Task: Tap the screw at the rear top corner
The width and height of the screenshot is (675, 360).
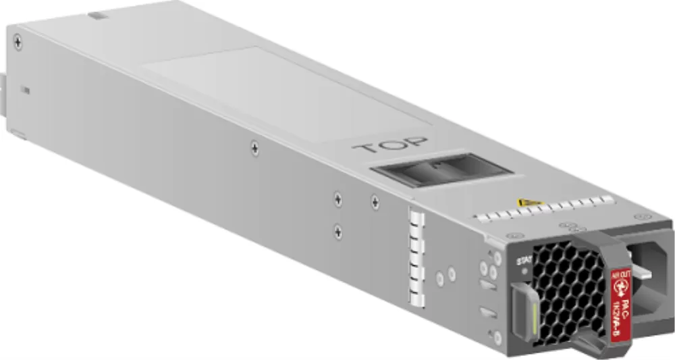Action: click(18, 43)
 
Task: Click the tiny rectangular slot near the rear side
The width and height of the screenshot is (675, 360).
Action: click(25, 89)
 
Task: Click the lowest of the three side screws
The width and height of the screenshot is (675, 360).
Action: click(337, 231)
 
